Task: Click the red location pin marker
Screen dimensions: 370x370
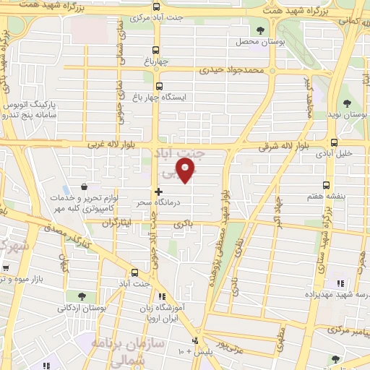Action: click(x=186, y=171)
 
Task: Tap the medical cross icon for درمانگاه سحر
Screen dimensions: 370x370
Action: click(x=159, y=192)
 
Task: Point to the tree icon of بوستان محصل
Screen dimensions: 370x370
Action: click(x=260, y=30)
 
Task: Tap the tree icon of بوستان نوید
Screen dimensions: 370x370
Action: click(x=347, y=103)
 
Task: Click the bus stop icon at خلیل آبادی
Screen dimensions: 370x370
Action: click(x=333, y=142)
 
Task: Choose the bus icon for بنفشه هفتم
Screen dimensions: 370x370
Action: click(x=326, y=184)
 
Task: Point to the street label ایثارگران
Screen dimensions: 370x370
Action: click(x=119, y=223)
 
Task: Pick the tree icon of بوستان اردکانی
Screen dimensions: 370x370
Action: click(x=81, y=296)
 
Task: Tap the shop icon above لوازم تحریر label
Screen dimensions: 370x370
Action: click(x=85, y=187)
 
